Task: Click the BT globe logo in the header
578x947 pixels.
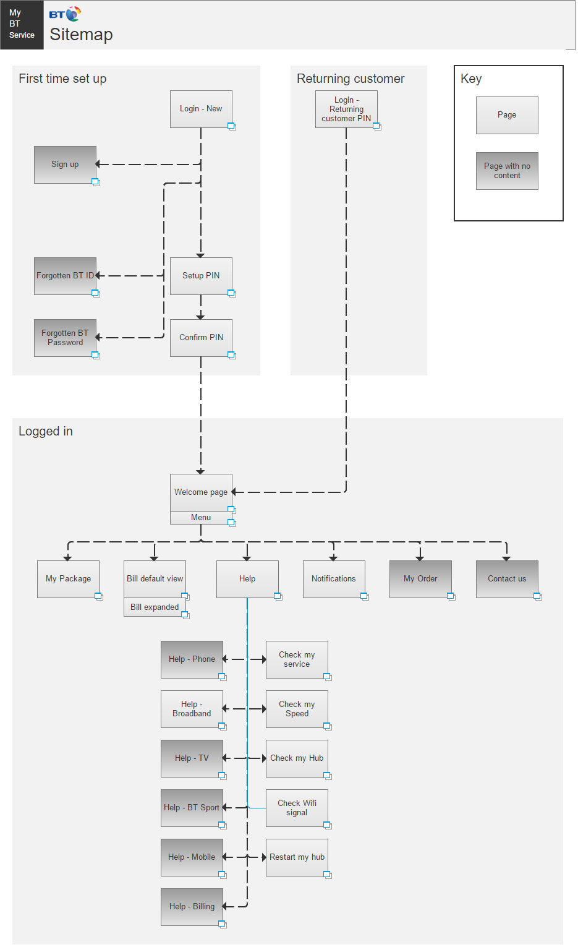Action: pyautogui.click(x=73, y=14)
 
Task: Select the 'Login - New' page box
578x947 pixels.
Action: pyautogui.click(x=201, y=109)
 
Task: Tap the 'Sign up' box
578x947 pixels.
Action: pyautogui.click(x=65, y=165)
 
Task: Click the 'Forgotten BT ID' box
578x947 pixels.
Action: pyautogui.click(x=65, y=276)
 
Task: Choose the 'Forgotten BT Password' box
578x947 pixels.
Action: pyautogui.click(x=65, y=338)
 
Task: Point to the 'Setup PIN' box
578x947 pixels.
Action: pyautogui.click(x=201, y=276)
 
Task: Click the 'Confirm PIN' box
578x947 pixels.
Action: pyautogui.click(x=201, y=338)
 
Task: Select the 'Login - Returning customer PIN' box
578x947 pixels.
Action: pyautogui.click(x=346, y=109)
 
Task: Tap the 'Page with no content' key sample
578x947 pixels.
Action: pyautogui.click(x=507, y=171)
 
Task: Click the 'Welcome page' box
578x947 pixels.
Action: pyautogui.click(x=201, y=492)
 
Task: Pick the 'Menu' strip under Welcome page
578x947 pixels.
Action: pyautogui.click(x=201, y=518)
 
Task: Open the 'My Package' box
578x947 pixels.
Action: pyautogui.click(x=69, y=579)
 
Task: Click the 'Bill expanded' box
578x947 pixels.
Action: pyautogui.click(x=155, y=607)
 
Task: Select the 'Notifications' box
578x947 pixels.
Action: pyautogui.click(x=334, y=579)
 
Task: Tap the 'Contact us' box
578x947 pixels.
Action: pyautogui.click(x=507, y=579)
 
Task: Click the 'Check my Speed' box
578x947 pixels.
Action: pyautogui.click(x=297, y=709)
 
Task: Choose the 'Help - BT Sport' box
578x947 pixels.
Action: pyautogui.click(x=192, y=808)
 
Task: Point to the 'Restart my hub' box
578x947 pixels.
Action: pyautogui.click(x=297, y=857)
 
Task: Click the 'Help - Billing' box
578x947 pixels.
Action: pyautogui.click(x=192, y=907)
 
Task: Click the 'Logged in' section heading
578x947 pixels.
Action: pyautogui.click(x=46, y=432)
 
